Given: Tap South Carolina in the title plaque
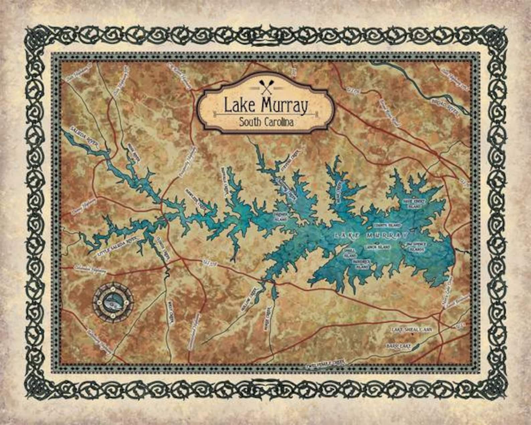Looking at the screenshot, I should point(266,122).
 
